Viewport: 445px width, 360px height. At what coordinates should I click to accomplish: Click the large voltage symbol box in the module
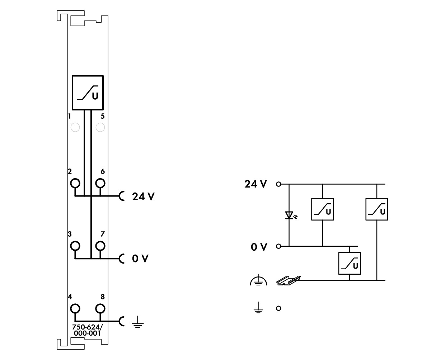coord(72,93)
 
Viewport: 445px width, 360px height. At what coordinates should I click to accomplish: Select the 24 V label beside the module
coord(143,196)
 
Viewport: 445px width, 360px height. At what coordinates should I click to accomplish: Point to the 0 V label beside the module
coord(140,259)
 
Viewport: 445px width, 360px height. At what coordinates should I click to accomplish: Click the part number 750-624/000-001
coord(88,330)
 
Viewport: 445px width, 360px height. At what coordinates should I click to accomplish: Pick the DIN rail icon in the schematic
coord(288,280)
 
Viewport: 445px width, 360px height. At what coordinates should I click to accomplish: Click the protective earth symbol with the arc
coord(258,280)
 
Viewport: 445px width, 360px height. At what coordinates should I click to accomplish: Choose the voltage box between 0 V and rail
coord(338,264)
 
